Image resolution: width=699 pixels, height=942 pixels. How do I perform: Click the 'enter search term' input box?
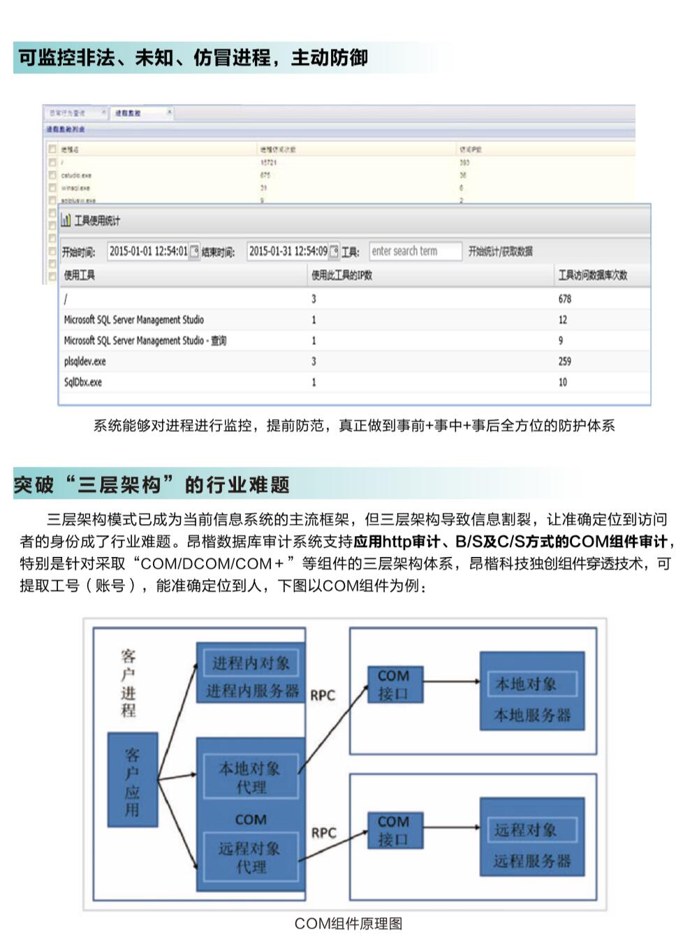point(415,252)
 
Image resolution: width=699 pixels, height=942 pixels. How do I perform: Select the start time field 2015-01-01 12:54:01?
point(148,252)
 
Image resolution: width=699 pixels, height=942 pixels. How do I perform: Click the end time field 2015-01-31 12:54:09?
point(288,252)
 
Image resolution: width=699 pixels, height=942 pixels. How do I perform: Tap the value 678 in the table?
point(564,299)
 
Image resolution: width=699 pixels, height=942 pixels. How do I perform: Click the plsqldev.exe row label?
point(85,361)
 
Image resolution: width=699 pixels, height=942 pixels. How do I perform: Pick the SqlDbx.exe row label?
point(83,382)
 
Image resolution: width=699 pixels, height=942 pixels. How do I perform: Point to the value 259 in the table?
point(564,361)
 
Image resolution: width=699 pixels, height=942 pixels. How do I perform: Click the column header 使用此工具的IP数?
point(341,275)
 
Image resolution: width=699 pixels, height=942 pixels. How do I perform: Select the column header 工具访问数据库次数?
point(592,275)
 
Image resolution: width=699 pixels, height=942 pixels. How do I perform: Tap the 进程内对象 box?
point(251,663)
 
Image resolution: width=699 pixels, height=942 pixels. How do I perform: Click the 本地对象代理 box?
point(251,777)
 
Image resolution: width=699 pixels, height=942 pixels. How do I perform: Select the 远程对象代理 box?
point(251,857)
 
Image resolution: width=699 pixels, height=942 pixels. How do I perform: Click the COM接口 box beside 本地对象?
point(394,685)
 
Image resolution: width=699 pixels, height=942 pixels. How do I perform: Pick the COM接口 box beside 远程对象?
point(394,830)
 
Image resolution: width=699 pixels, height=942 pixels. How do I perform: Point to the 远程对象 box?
point(526,829)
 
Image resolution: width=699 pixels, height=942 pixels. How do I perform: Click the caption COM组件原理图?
point(348,924)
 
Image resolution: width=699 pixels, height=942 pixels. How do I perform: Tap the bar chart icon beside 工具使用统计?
point(66,221)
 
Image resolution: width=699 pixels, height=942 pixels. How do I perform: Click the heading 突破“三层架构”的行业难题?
point(152,485)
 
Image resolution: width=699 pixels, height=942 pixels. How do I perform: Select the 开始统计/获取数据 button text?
point(501,252)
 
